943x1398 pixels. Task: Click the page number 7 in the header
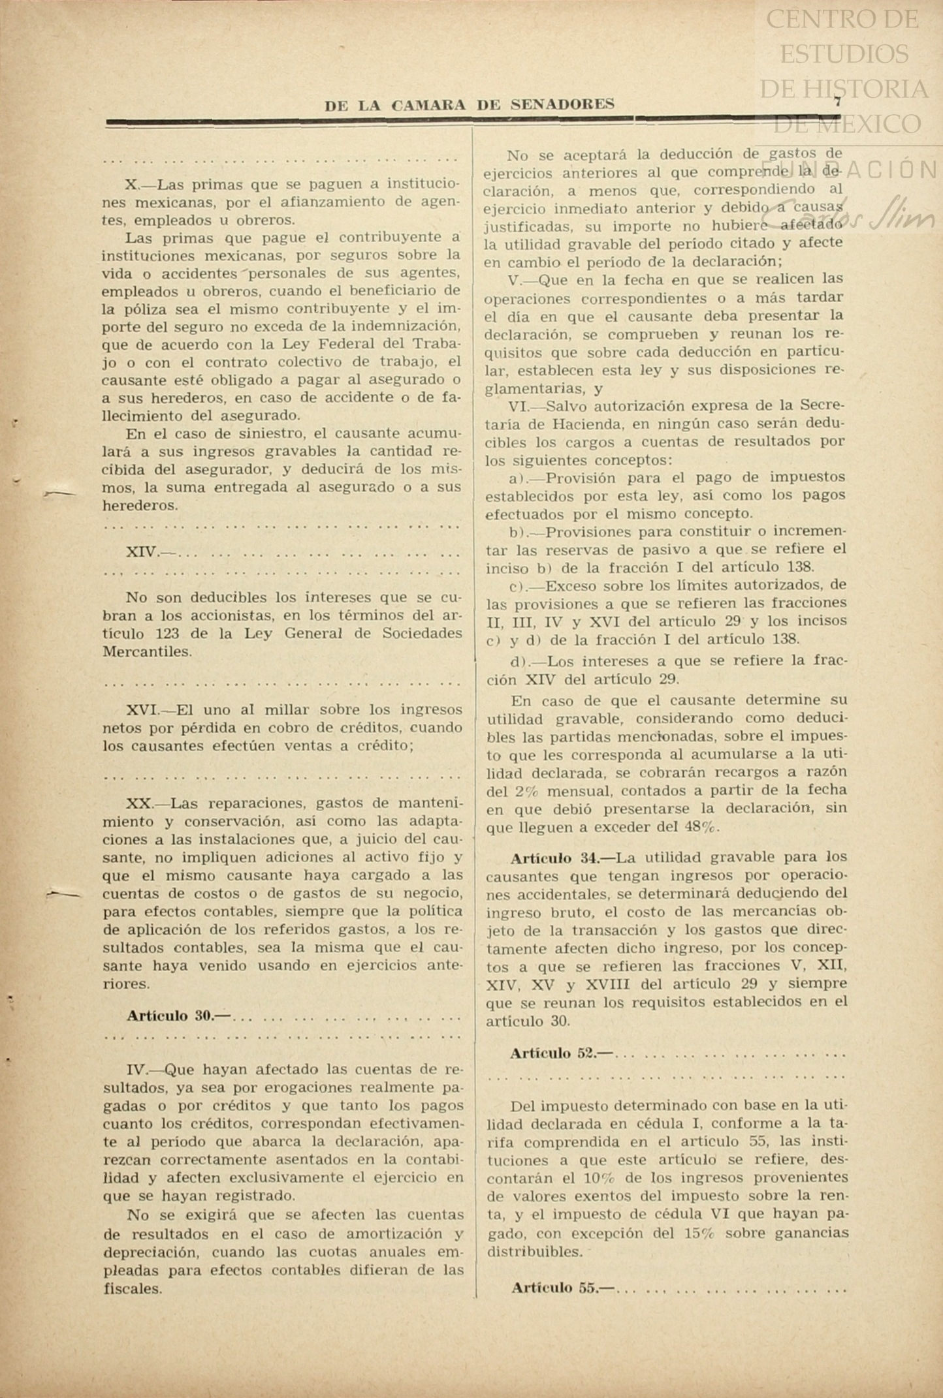pos(837,101)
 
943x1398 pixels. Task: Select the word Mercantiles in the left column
pos(146,651)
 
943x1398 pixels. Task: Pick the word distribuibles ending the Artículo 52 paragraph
pos(534,1252)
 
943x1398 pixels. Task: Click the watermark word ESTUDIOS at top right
pos(844,54)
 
